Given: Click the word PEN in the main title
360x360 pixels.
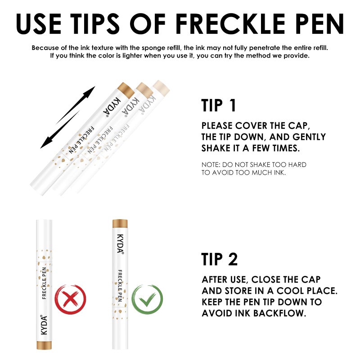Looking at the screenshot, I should pyautogui.click(x=317, y=23).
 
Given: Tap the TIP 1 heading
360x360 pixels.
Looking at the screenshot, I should pyautogui.click(x=219, y=105).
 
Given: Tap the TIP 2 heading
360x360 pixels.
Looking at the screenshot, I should pyautogui.click(x=220, y=259).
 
